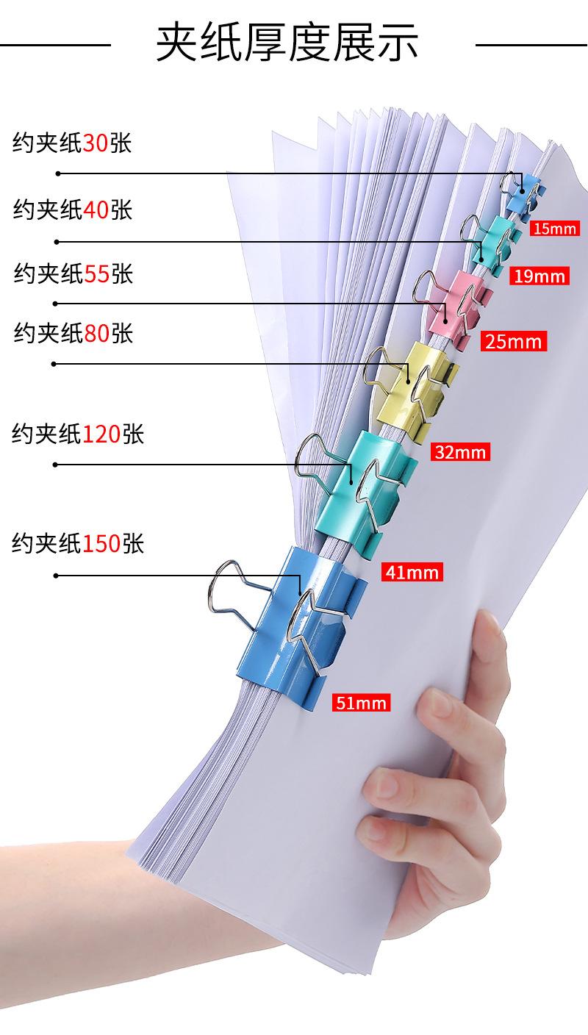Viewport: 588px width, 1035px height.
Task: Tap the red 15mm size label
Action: [555, 229]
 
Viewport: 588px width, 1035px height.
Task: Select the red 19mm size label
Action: [540, 276]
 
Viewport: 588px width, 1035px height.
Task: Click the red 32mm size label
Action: [460, 451]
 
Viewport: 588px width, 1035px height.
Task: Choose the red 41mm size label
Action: [412, 570]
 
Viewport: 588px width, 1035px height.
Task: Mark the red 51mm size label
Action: [360, 703]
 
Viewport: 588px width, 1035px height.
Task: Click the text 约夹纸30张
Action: [71, 143]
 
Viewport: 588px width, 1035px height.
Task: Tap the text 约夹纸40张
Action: [72, 210]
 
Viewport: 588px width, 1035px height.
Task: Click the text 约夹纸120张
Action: [78, 434]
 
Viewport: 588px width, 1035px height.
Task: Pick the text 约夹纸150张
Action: [78, 544]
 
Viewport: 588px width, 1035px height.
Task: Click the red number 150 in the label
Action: [102, 544]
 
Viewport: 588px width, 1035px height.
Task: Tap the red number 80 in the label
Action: [96, 334]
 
